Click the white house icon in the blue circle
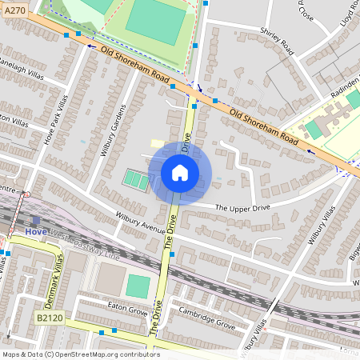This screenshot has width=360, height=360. coord(180,173)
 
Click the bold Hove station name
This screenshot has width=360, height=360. coord(36,232)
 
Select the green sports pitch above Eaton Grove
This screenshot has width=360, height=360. coord(138,286)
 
